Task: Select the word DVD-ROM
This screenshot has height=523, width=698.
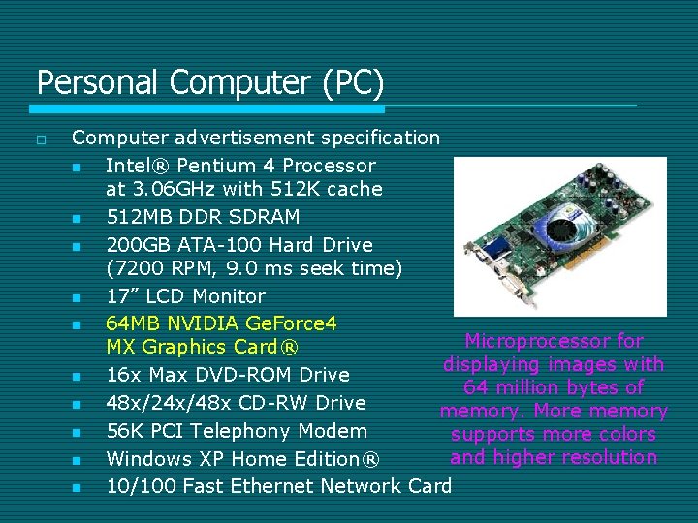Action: pos(247,375)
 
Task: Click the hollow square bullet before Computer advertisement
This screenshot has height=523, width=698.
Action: pos(40,139)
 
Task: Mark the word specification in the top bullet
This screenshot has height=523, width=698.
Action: pos(381,138)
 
